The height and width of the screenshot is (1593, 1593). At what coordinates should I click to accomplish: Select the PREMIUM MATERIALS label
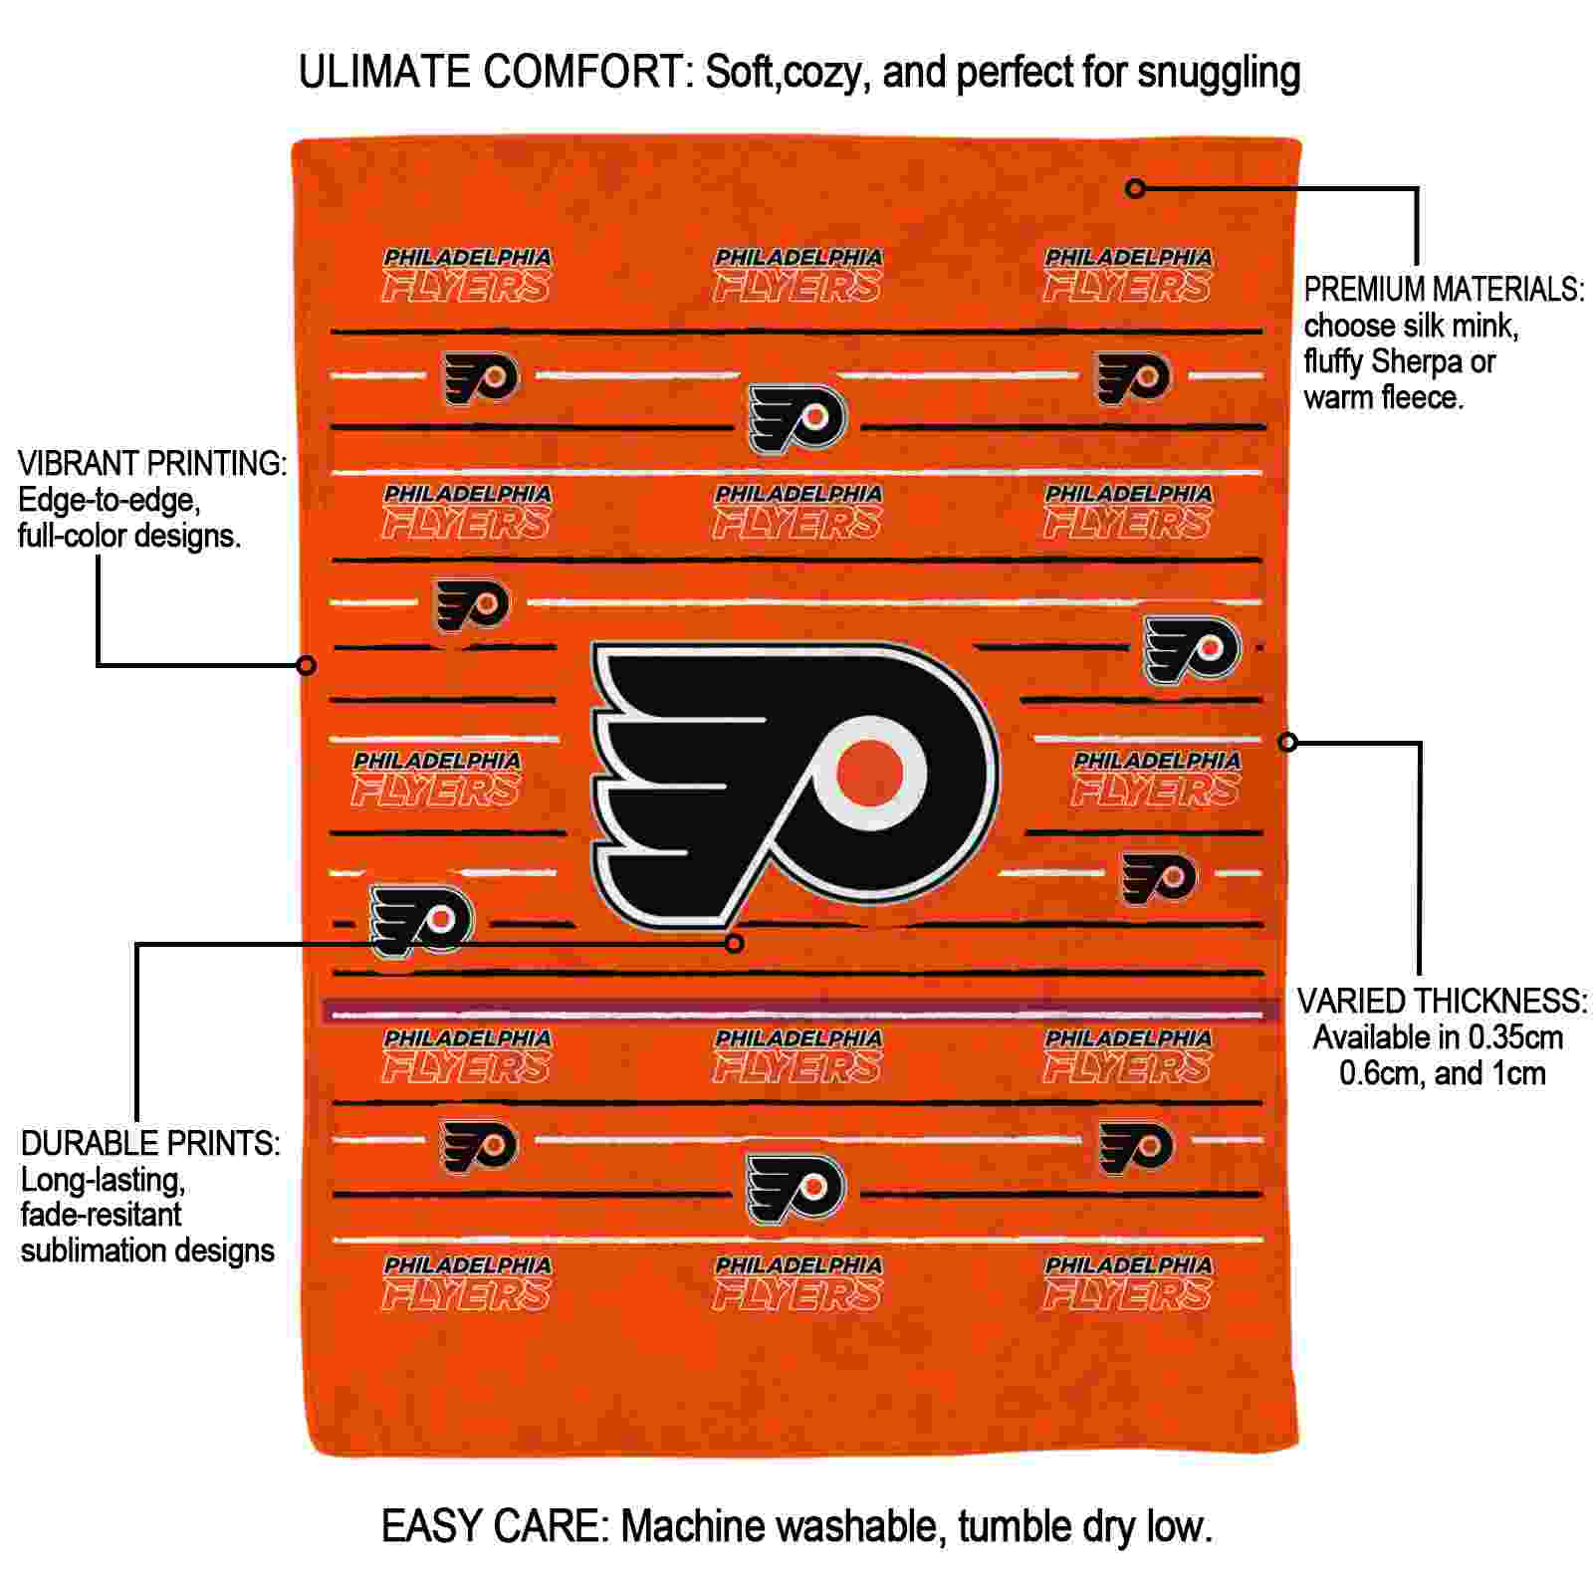[1444, 290]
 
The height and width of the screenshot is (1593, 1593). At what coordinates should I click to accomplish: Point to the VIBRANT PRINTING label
[152, 464]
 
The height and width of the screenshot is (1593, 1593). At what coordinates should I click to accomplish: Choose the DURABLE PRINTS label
[150, 1144]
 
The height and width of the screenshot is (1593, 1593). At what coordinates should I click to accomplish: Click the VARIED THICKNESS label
[1442, 1002]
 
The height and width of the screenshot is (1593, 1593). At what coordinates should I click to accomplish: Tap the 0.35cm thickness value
[1502, 1037]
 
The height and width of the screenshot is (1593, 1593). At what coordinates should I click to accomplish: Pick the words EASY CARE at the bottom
[494, 1526]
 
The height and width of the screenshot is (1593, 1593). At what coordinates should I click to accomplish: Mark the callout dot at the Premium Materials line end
[1135, 187]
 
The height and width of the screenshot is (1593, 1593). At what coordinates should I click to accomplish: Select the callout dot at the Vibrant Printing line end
[308, 664]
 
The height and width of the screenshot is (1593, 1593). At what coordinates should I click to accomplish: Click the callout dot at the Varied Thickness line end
[1287, 742]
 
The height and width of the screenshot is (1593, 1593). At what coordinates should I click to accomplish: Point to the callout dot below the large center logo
[735, 943]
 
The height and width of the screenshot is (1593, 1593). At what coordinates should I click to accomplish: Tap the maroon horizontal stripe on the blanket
[801, 1012]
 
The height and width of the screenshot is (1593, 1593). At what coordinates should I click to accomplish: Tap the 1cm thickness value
[1517, 1073]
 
